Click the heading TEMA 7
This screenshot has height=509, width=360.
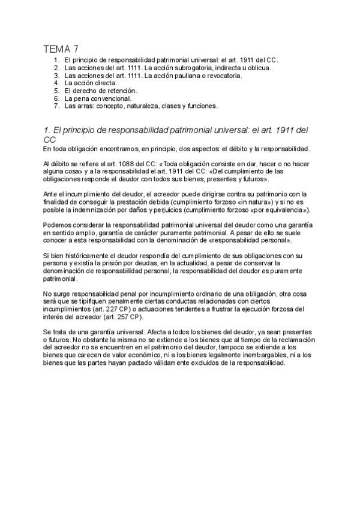[61, 49]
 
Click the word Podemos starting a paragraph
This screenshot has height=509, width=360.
[58, 225]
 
